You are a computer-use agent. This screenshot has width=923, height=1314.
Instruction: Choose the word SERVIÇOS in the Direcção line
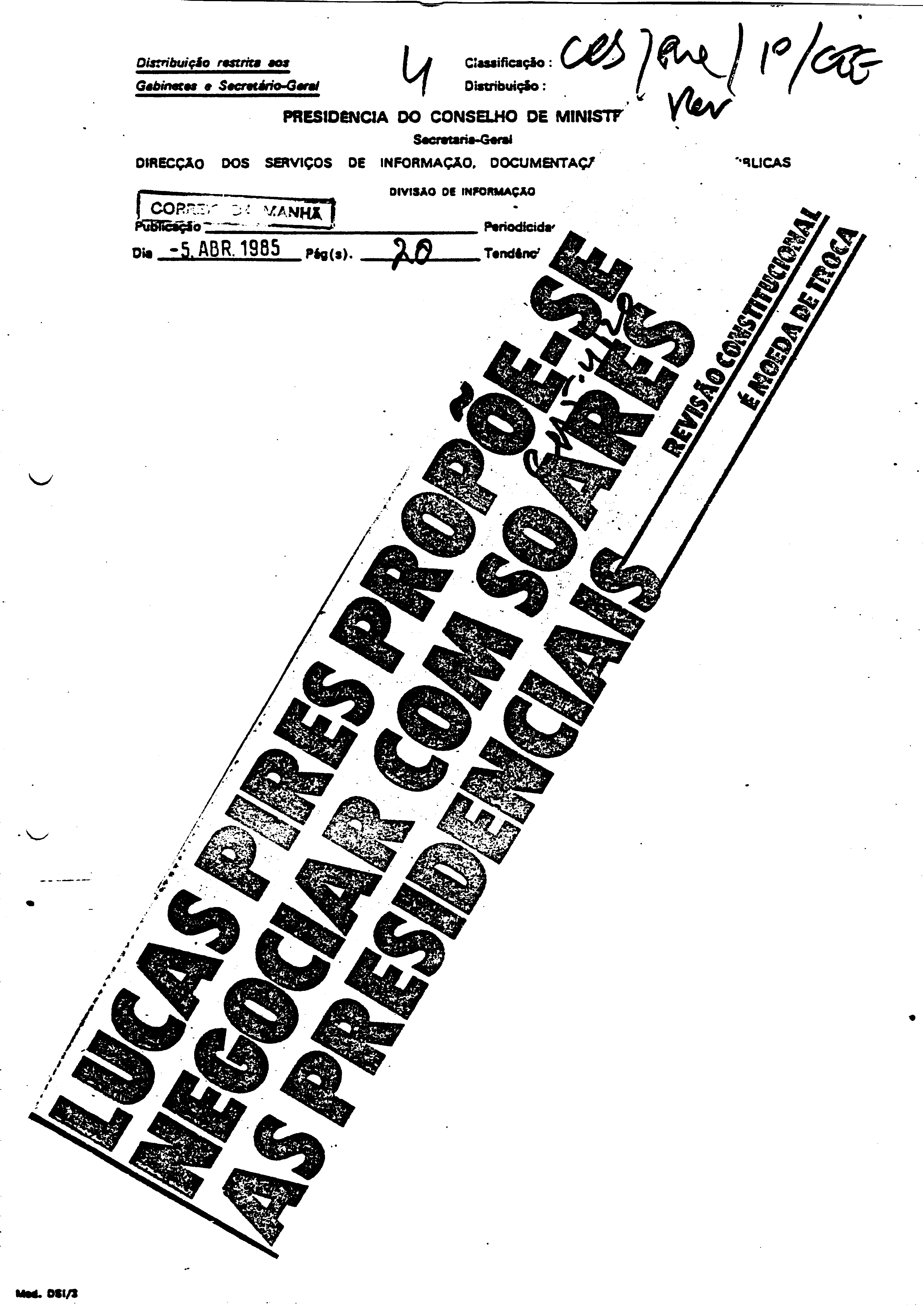[x=298, y=163]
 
